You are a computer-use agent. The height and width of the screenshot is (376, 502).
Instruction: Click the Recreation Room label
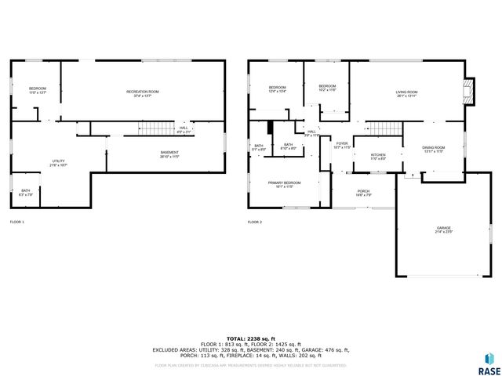pyautogui.click(x=143, y=92)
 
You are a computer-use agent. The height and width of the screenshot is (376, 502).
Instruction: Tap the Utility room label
pyautogui.click(x=58, y=162)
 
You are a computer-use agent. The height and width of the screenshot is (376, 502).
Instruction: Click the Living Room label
pyautogui.click(x=406, y=93)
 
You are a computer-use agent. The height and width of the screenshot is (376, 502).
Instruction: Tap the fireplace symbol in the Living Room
pyautogui.click(x=469, y=92)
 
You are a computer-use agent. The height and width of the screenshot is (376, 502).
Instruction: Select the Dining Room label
pyautogui.click(x=434, y=149)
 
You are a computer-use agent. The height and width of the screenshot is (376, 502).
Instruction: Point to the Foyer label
pyautogui.click(x=342, y=145)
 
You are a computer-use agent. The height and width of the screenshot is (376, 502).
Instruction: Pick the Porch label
pyautogui.click(x=363, y=193)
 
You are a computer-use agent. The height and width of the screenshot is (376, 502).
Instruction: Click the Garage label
pyautogui.click(x=444, y=230)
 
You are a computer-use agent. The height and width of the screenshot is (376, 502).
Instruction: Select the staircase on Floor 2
pyautogui.click(x=384, y=128)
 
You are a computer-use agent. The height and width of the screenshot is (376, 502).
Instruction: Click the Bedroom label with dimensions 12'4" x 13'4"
pyautogui.click(x=278, y=89)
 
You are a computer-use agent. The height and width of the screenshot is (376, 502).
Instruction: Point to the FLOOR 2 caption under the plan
pyautogui.click(x=255, y=222)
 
